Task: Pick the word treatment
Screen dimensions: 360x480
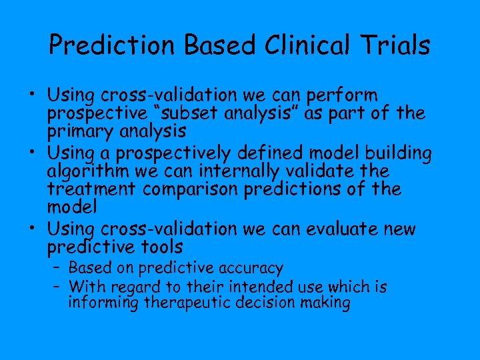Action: (x=93, y=189)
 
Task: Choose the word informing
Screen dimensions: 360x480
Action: (x=105, y=303)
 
